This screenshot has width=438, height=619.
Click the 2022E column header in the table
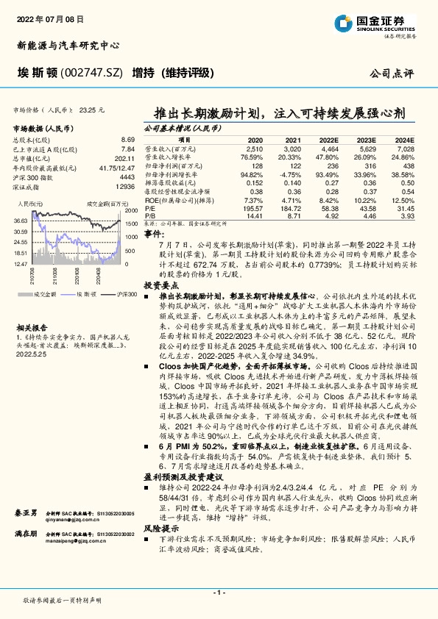(x=328, y=139)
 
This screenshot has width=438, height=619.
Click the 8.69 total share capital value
(x=127, y=139)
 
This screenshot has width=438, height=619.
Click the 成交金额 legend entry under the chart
(x=38, y=294)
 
